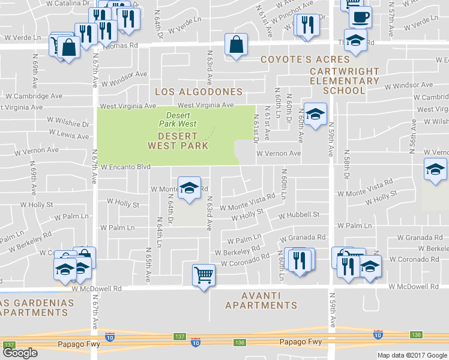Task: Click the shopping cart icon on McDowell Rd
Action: (x=204, y=275)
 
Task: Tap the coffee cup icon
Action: (x=360, y=17)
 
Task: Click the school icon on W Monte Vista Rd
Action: (x=189, y=188)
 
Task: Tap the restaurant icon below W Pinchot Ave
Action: (x=307, y=25)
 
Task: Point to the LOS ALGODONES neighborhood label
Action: (x=199, y=92)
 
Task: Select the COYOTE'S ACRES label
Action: (x=305, y=59)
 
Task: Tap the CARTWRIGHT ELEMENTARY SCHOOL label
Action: (x=344, y=81)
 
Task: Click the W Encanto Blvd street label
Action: (x=125, y=167)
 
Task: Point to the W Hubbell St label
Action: (x=299, y=214)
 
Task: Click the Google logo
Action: (x=20, y=353)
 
